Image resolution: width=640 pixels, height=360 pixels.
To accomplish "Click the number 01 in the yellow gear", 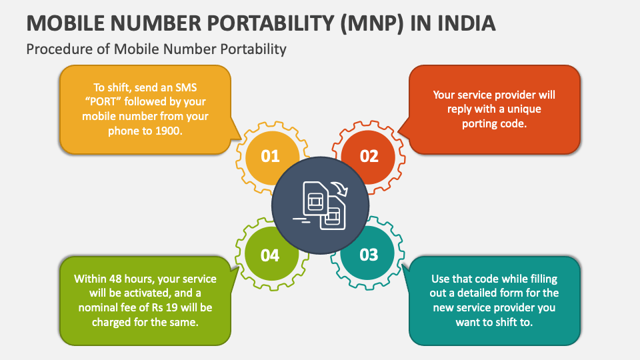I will (270, 156).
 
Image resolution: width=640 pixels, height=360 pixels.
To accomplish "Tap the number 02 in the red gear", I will (369, 156).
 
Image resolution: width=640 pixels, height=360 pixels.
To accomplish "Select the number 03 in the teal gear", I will (369, 254).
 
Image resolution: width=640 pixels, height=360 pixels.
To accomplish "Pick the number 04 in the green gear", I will (270, 254).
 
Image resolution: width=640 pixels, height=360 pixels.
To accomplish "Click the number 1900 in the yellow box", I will (169, 131).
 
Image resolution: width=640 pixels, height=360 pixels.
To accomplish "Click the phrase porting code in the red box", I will (494, 123).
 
